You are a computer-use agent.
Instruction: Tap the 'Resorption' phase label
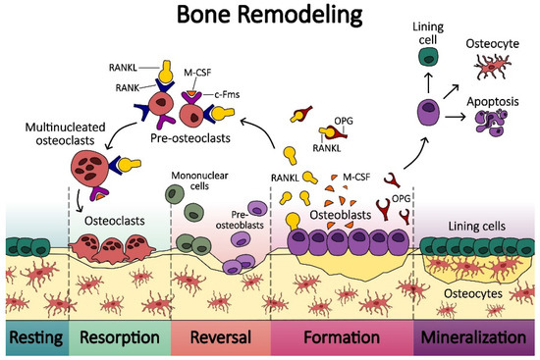click(x=120, y=339)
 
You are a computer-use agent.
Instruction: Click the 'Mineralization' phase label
click(x=479, y=339)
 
